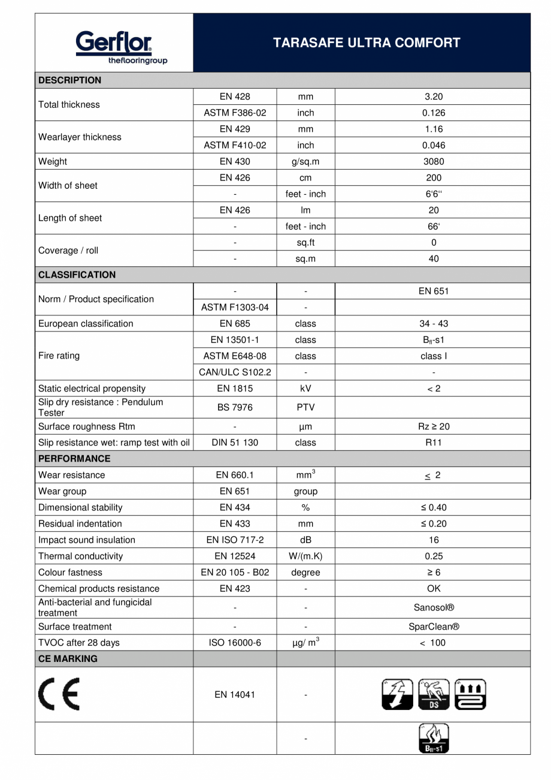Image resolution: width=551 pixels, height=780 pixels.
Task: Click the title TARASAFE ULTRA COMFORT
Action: click(x=367, y=43)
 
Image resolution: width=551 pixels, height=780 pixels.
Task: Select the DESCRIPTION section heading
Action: click(x=70, y=80)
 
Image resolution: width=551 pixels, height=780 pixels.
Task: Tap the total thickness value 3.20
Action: click(x=433, y=97)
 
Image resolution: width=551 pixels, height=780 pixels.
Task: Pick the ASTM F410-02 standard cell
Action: click(x=235, y=145)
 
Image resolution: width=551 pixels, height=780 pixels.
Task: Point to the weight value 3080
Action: click(x=433, y=161)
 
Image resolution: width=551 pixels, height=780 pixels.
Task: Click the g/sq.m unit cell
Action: click(x=305, y=161)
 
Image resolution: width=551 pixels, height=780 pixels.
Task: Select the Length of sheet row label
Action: click(x=70, y=218)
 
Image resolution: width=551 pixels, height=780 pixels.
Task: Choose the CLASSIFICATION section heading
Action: click(x=77, y=275)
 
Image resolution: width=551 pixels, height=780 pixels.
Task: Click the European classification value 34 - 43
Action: click(x=433, y=324)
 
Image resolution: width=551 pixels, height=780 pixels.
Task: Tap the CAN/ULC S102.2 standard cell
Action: click(x=235, y=372)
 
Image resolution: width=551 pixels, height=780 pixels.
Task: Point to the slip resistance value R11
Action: click(x=433, y=442)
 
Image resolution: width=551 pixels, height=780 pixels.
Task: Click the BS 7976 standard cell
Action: click(x=235, y=408)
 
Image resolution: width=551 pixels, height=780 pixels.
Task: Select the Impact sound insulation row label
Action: click(x=87, y=540)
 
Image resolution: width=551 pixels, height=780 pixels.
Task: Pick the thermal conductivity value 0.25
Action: click(x=433, y=556)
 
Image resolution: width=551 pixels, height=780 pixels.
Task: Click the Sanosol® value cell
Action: click(x=433, y=607)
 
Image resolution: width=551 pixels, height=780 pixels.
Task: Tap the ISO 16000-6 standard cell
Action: click(x=235, y=643)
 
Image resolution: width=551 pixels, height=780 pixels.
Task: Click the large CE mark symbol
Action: click(x=59, y=695)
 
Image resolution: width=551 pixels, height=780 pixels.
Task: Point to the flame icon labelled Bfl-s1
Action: click(x=433, y=739)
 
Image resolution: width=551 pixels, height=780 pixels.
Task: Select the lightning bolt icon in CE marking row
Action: click(x=397, y=695)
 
